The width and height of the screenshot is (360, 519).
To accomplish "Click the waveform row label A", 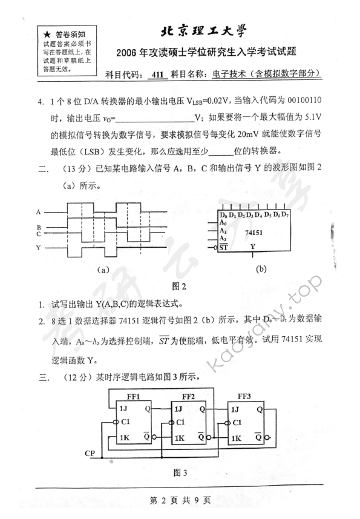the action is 38,212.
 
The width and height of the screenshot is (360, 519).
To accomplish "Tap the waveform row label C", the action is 38,233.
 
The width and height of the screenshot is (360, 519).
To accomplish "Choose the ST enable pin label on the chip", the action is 223,246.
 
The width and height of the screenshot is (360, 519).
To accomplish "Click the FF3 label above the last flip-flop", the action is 246,396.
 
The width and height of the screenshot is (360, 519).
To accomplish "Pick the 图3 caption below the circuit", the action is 181,471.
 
